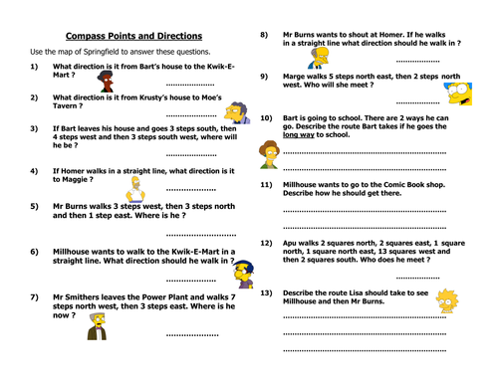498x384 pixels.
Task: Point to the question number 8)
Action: (x=265, y=35)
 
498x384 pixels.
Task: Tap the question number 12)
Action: (x=266, y=244)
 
